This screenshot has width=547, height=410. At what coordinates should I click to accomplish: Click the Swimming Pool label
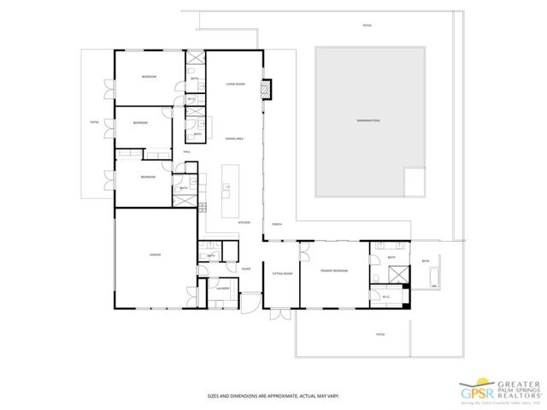click(368, 121)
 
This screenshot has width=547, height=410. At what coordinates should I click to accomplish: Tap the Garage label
click(156, 255)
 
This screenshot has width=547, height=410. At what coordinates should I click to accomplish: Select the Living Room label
click(236, 84)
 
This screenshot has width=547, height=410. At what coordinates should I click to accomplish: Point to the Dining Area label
click(236, 138)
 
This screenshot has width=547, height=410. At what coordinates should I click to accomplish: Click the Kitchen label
click(244, 222)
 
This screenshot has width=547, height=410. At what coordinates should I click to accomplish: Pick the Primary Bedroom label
click(333, 270)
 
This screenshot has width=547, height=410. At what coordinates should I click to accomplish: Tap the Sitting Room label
click(282, 273)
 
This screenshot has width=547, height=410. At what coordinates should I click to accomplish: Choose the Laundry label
click(223, 289)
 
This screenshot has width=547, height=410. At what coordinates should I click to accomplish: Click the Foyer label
click(245, 269)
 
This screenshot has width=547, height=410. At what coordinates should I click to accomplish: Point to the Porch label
click(277, 224)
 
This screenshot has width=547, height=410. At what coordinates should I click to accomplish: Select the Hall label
click(186, 152)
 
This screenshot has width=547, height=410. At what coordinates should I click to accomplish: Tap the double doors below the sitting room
click(281, 314)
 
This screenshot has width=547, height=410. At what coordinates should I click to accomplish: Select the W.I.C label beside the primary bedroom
click(386, 296)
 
